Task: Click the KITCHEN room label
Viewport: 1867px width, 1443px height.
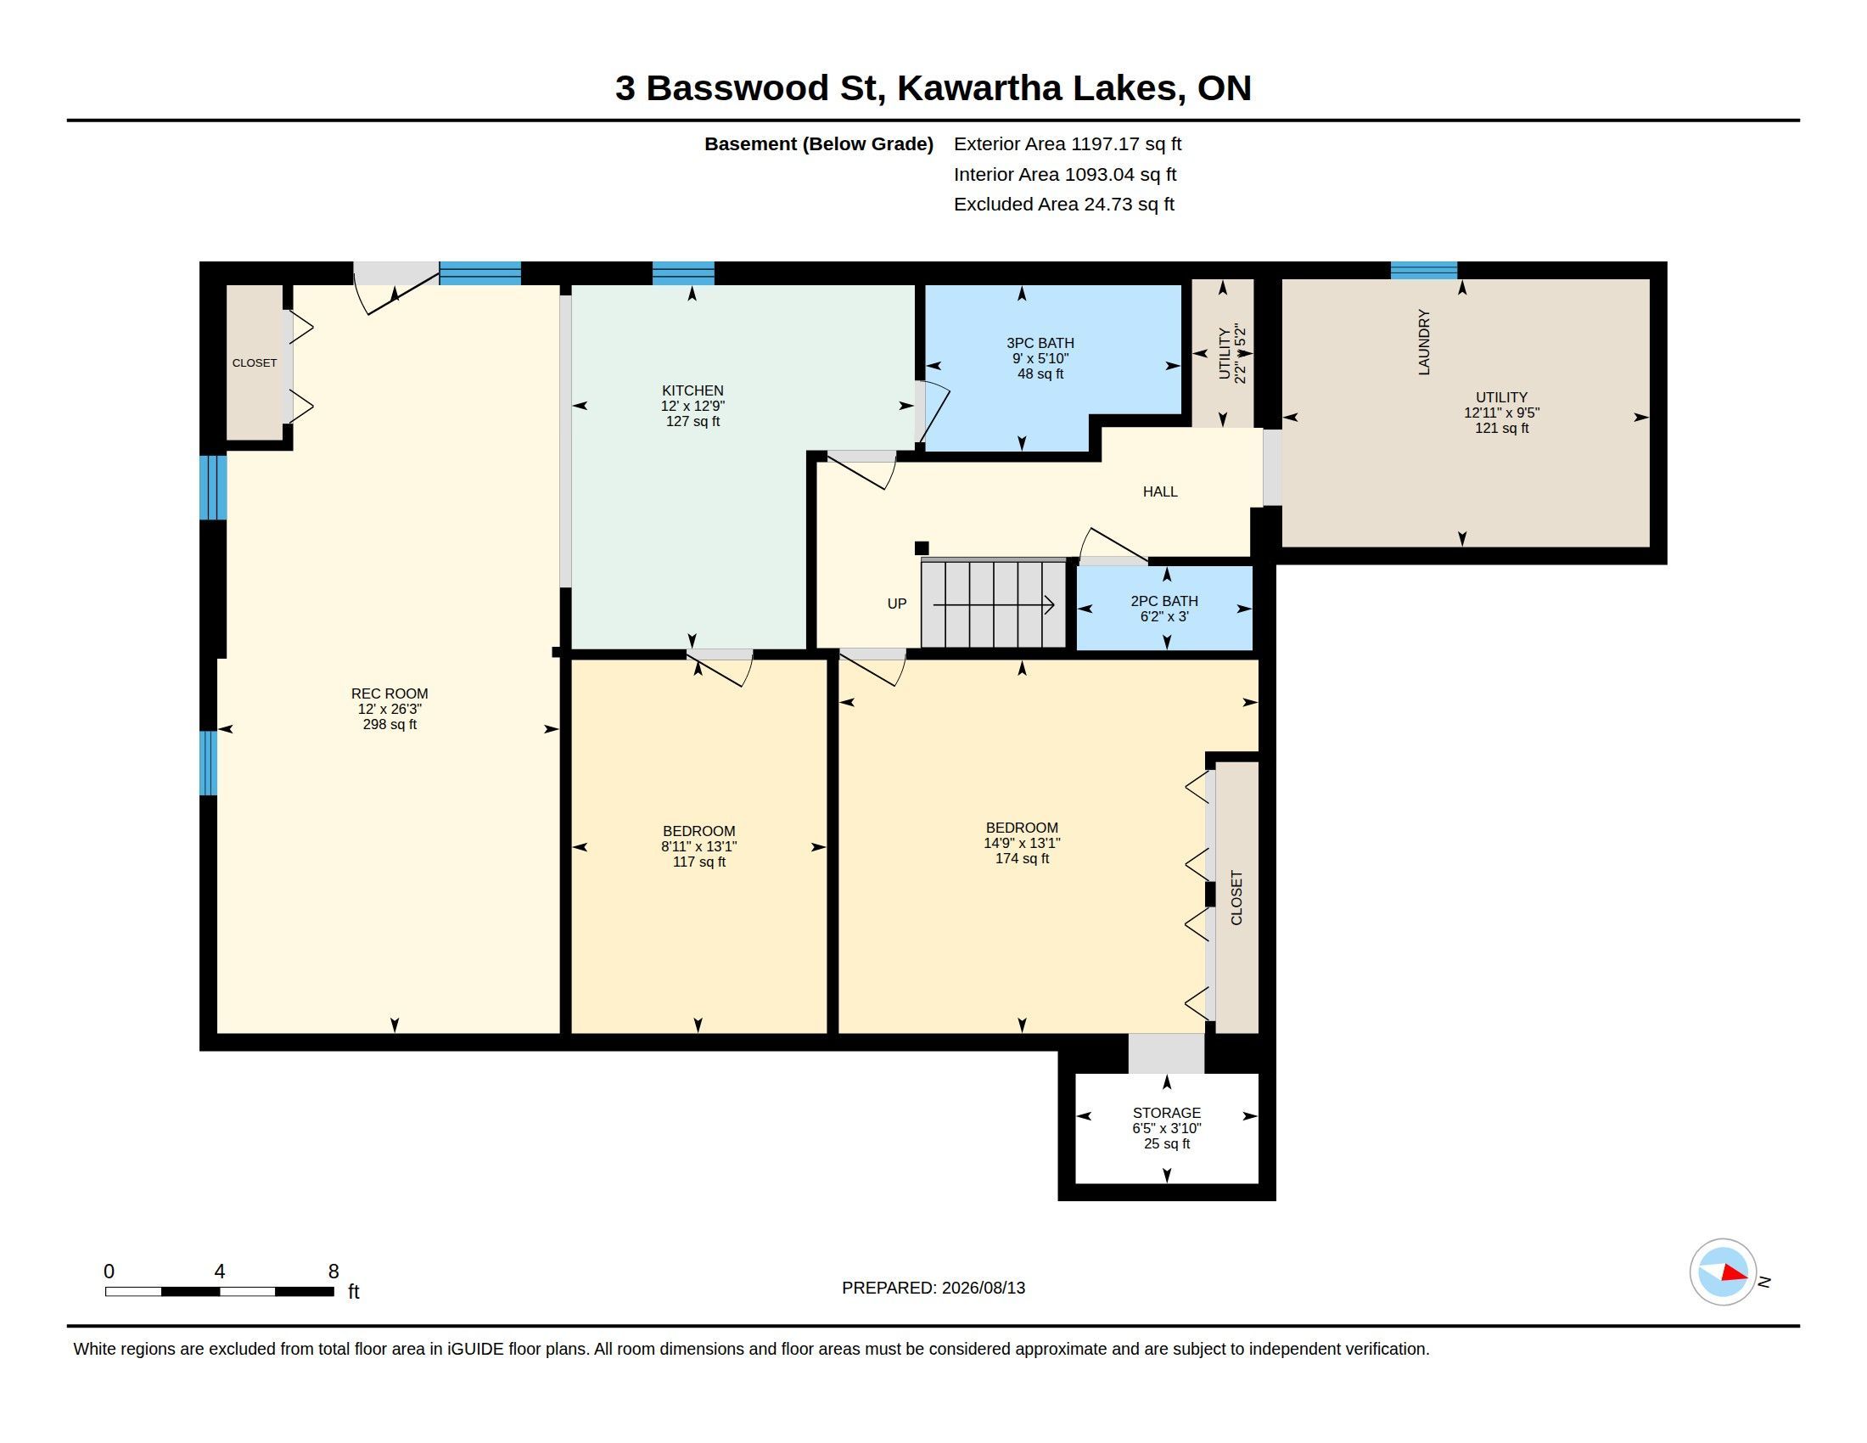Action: click(x=692, y=390)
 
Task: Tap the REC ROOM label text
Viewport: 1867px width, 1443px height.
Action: click(x=390, y=693)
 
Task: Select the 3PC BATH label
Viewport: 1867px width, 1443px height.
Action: click(x=1040, y=343)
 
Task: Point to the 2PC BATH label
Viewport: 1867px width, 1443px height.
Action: click(x=1164, y=601)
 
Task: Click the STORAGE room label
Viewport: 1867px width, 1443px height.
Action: click(x=1167, y=1113)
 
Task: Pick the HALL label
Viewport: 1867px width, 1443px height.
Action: click(x=1160, y=491)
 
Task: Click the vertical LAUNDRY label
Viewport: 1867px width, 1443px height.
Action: click(x=1424, y=342)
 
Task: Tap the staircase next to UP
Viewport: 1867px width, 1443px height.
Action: click(x=994, y=604)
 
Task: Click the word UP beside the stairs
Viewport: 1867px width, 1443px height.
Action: click(x=897, y=604)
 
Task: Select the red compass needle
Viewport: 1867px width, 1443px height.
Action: click(x=1735, y=1273)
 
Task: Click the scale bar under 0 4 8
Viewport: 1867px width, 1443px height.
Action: click(x=220, y=1291)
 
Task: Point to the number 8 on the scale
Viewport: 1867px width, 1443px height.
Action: click(x=334, y=1272)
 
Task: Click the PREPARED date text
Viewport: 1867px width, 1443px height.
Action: click(x=933, y=1288)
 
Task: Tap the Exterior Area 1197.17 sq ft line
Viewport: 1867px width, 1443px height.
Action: click(x=1068, y=143)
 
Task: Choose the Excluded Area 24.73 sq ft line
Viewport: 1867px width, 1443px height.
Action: click(x=1064, y=204)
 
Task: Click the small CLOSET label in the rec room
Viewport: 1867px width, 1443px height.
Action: click(x=255, y=362)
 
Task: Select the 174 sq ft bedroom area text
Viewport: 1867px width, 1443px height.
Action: click(x=1023, y=858)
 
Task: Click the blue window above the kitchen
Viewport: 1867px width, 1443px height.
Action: click(x=683, y=272)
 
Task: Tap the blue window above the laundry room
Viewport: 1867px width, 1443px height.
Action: click(x=1424, y=270)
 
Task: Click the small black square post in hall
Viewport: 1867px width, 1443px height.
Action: click(x=922, y=548)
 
